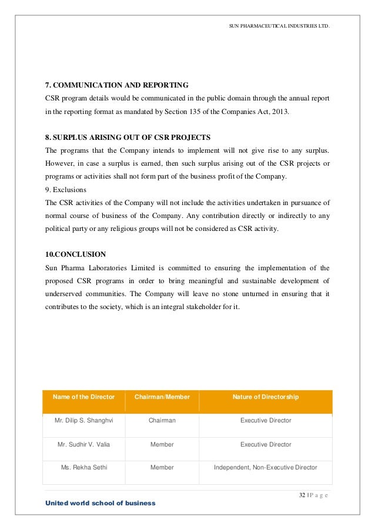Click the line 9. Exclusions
66,190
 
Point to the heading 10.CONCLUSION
76,254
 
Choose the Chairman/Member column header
162,397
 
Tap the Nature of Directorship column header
266,397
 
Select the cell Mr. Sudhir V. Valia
83,445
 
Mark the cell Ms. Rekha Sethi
84,468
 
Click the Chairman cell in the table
162,421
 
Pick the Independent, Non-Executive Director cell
266,468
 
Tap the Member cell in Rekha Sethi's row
162,468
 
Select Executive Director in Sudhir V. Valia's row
266,445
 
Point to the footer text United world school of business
101,504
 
